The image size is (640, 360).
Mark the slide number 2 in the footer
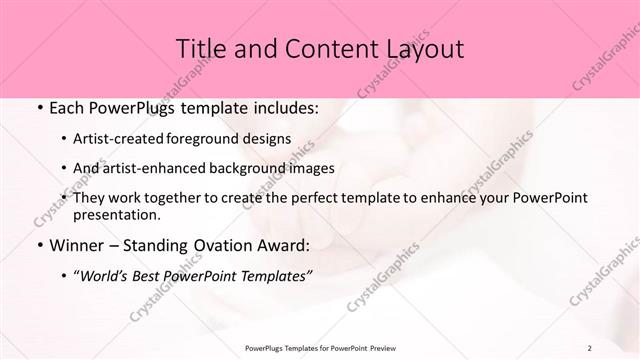click(x=590, y=347)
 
